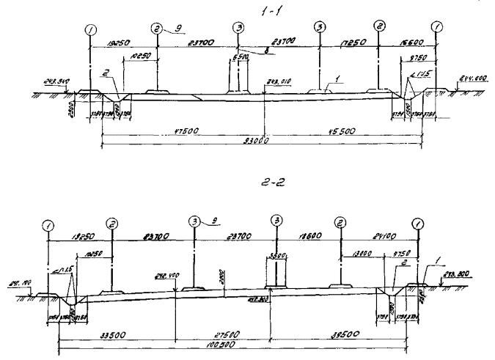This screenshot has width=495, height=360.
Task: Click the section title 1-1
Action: tap(257, 10)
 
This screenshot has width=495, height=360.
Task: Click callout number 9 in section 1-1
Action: tap(177, 27)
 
